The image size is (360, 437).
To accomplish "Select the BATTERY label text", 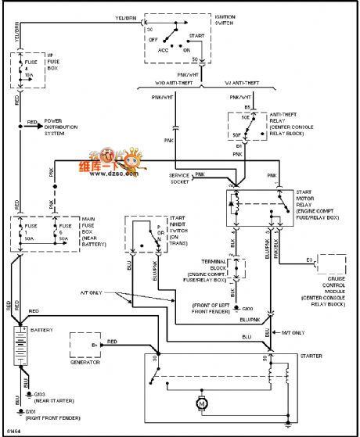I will (42, 331).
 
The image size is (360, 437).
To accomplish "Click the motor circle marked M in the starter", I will (202, 404).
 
